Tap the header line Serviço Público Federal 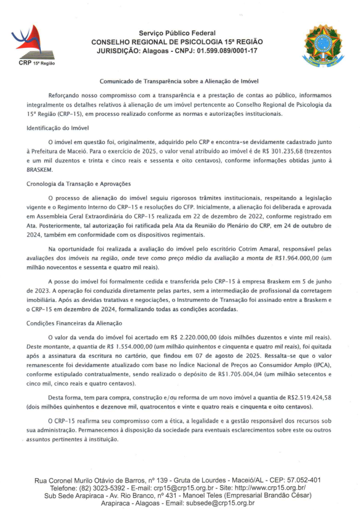tap(177, 33)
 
